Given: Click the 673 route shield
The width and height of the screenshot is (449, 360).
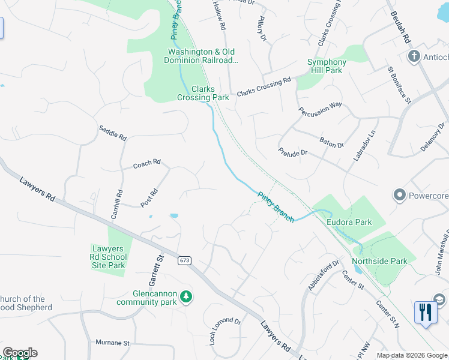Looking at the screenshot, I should pyautogui.click(x=184, y=260).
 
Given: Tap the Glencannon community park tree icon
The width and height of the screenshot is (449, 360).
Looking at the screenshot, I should pyautogui.click(x=187, y=296).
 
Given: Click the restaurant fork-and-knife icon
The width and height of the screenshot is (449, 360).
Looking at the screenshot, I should pyautogui.click(x=426, y=312).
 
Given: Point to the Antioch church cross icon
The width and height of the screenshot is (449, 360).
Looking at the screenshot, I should pyautogui.click(x=413, y=57).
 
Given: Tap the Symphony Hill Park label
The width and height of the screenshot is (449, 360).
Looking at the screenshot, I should pyautogui.click(x=327, y=66).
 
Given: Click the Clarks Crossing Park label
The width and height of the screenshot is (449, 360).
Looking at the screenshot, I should pyautogui.click(x=203, y=93).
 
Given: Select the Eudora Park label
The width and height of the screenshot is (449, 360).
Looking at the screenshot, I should pyautogui.click(x=349, y=222).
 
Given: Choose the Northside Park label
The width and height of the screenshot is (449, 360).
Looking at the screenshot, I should pyautogui.click(x=379, y=261).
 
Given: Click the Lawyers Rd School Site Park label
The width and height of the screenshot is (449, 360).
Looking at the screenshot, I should pyautogui.click(x=109, y=257).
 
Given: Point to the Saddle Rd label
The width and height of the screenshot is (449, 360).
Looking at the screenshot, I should pyautogui.click(x=113, y=133).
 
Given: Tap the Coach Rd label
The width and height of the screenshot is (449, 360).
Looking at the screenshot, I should pyautogui.click(x=147, y=163).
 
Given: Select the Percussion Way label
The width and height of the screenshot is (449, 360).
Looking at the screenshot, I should pyautogui.click(x=321, y=109).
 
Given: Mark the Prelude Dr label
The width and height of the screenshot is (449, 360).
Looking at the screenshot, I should pyautogui.click(x=293, y=152).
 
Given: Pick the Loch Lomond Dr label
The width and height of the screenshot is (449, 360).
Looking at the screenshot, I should pyautogui.click(x=224, y=331).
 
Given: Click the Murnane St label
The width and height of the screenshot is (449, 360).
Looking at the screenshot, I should pyautogui.click(x=113, y=343).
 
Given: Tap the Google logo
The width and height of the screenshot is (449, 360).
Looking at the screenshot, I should pyautogui.click(x=20, y=353).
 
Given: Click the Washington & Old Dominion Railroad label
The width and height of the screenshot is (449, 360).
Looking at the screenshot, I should pyautogui.click(x=203, y=56).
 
